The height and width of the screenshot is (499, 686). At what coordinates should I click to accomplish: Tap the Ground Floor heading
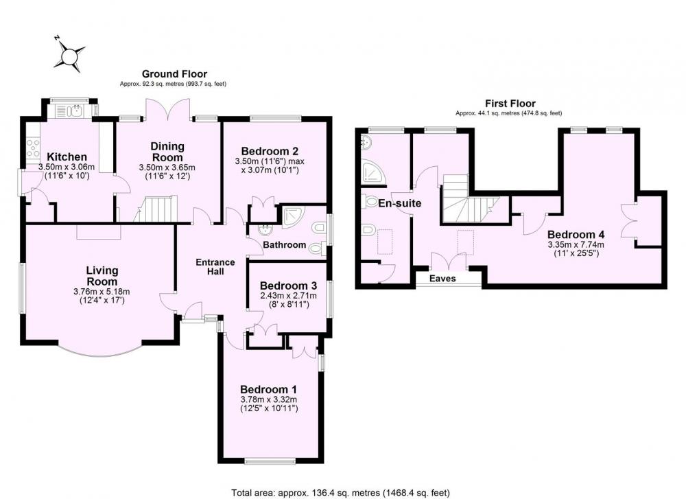click(x=174, y=74)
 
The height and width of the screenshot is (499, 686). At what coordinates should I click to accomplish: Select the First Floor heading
click(x=510, y=104)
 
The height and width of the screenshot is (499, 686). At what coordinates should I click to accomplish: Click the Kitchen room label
click(x=67, y=156)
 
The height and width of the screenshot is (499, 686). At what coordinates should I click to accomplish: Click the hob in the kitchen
click(x=33, y=148)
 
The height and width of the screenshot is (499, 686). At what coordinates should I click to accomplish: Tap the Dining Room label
click(x=167, y=152)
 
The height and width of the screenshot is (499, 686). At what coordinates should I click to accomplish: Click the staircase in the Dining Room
click(x=155, y=209)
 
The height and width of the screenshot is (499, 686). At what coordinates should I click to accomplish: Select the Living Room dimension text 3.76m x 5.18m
click(x=102, y=292)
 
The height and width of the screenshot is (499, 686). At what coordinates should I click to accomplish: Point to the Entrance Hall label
click(x=215, y=266)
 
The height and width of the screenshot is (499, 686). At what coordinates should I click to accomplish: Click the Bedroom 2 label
click(x=270, y=151)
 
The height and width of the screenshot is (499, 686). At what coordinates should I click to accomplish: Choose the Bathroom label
click(x=285, y=244)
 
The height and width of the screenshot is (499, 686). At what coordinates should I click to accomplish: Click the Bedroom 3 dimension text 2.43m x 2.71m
click(x=288, y=295)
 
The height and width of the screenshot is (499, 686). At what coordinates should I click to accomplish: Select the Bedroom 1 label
click(x=269, y=389)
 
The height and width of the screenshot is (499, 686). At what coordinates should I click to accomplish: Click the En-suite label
click(x=399, y=203)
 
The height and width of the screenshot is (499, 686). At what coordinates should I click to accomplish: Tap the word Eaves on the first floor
click(x=442, y=279)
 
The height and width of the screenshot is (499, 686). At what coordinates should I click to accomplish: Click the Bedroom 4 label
click(x=576, y=234)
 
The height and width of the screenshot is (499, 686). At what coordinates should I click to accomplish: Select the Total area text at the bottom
click(x=340, y=493)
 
